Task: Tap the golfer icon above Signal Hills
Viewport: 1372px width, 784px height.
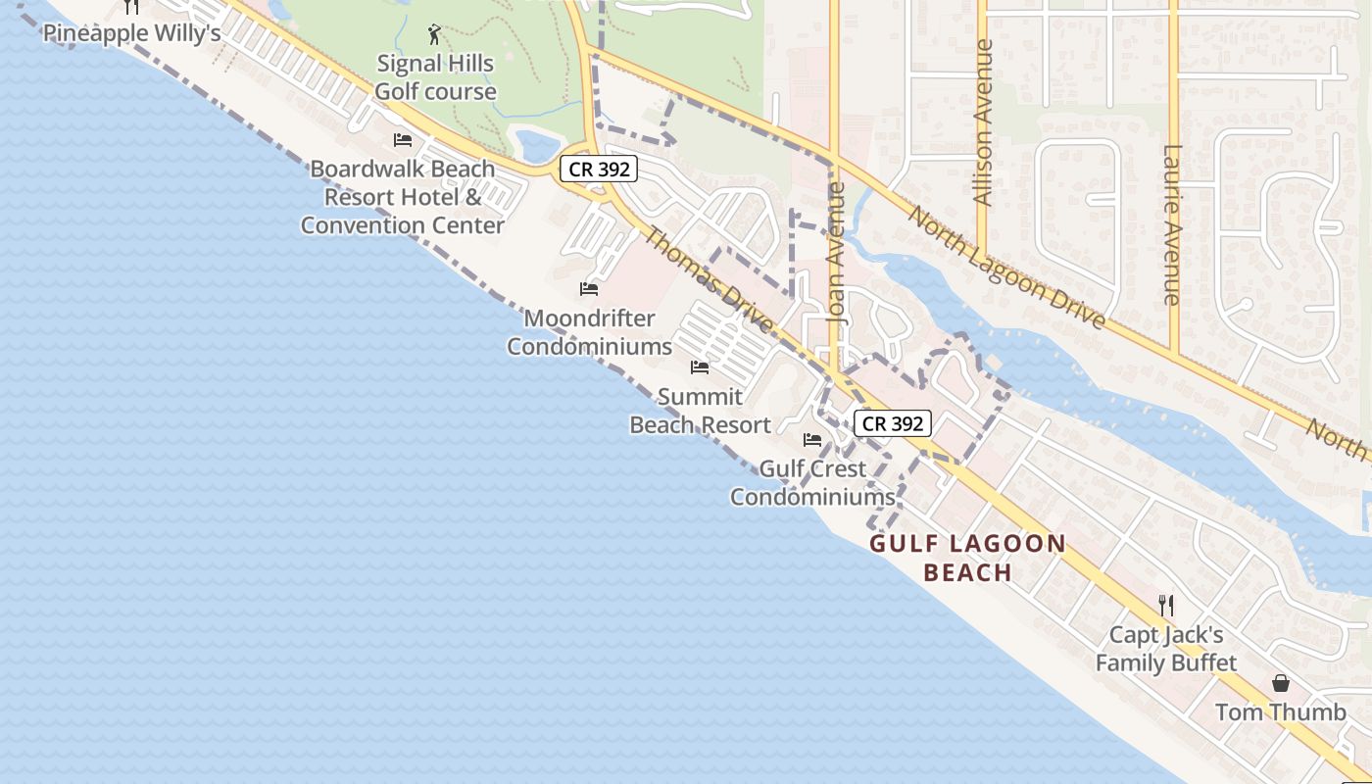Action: point(435,36)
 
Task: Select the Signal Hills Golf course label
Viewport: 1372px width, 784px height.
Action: point(436,77)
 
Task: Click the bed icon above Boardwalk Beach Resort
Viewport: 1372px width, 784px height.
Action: point(402,141)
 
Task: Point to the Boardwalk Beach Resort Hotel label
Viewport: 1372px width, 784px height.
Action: point(403,197)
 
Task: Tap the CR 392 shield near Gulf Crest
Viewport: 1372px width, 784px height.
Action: point(892,423)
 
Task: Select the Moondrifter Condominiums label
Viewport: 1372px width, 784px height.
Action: point(590,332)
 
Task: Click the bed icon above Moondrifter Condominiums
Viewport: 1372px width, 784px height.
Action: point(589,289)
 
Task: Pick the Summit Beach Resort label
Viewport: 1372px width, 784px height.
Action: point(700,411)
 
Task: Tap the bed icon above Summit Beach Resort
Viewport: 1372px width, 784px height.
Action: point(700,367)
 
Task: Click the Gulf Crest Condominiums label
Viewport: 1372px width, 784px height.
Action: point(812,482)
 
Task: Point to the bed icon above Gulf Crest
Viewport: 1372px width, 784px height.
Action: point(812,440)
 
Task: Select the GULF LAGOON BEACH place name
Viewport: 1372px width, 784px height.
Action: point(967,559)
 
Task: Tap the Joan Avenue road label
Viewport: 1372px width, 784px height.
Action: point(836,253)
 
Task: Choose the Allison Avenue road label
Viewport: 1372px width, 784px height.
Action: point(984,122)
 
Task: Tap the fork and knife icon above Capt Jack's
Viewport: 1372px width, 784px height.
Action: point(1166,605)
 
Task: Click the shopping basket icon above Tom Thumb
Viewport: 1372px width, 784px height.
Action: point(1281,683)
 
